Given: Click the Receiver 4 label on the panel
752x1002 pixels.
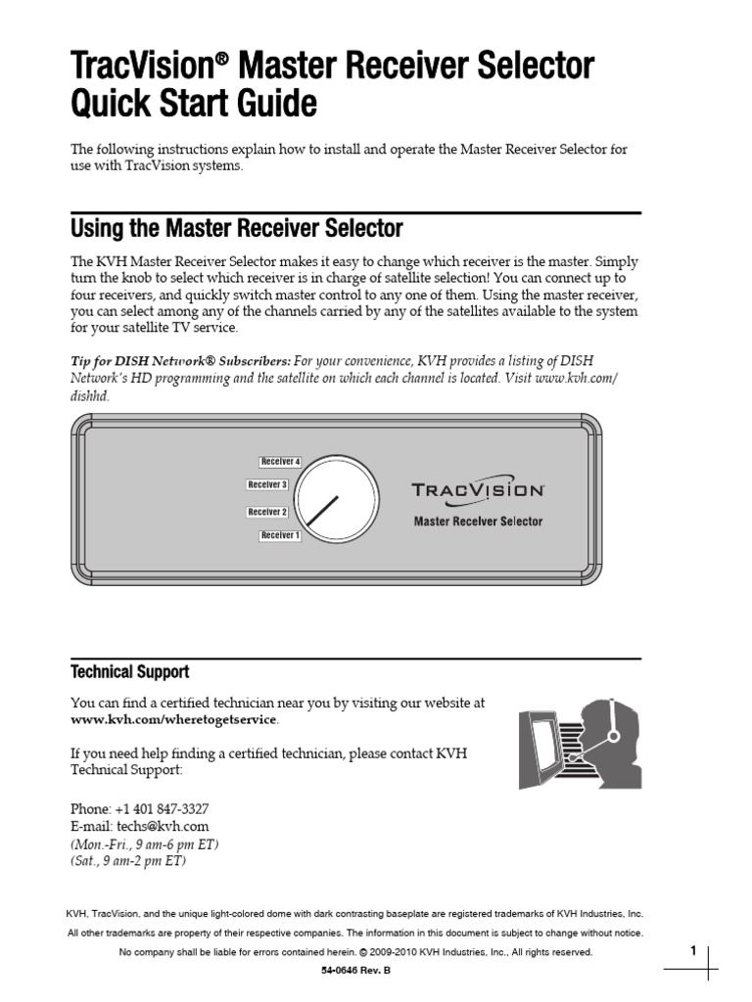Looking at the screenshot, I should (280, 461).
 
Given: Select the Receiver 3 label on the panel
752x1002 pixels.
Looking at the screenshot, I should (266, 484).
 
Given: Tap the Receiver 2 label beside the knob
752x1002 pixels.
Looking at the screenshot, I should (266, 512).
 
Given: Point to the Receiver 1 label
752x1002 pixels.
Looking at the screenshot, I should (280, 535).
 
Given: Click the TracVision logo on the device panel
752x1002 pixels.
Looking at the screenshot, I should (477, 489).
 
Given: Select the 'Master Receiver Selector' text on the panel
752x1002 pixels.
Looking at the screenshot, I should (477, 522).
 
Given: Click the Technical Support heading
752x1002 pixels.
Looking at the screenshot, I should (129, 672).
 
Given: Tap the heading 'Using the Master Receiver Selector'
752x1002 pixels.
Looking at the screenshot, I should (236, 229).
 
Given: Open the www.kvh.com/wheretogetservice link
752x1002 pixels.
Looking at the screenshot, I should (173, 720).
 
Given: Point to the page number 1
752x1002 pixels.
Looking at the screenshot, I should (692, 950).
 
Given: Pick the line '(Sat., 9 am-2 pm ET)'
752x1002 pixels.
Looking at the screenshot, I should (128, 862).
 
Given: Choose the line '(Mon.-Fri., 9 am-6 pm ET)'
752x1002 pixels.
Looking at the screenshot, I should (144, 844).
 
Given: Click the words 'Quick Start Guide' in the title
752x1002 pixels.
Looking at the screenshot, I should (194, 103).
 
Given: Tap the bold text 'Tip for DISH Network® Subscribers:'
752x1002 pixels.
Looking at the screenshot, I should (180, 359).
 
